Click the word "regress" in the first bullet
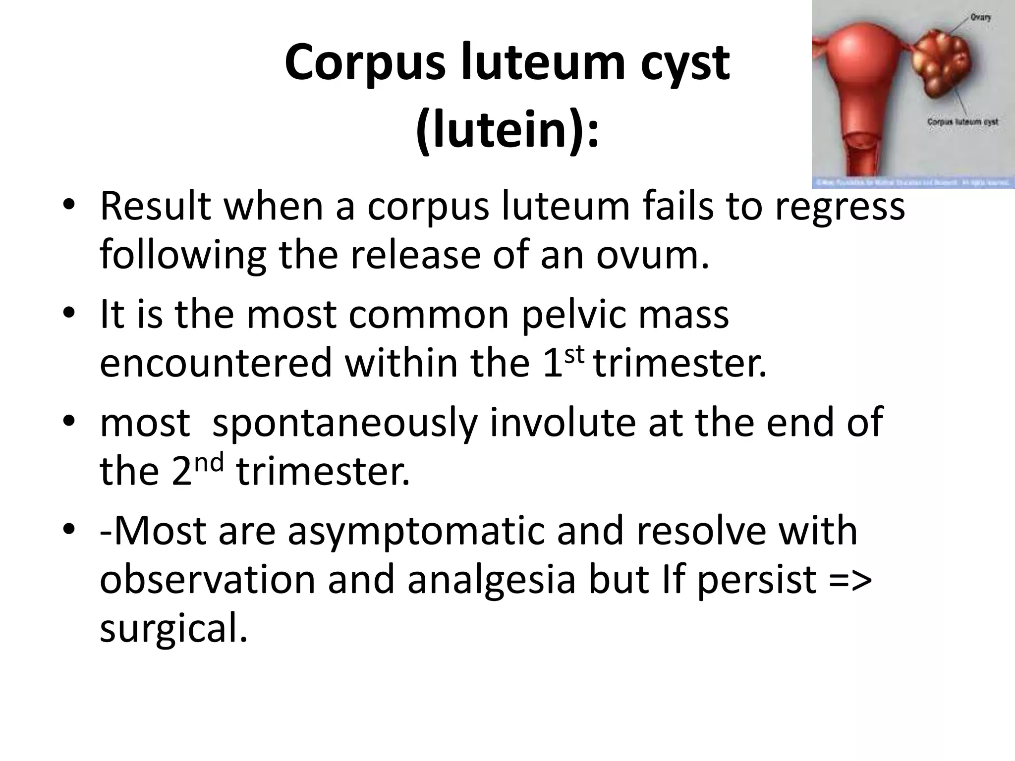(840, 207)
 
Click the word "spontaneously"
(344, 423)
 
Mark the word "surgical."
(173, 628)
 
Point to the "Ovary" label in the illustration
(981, 17)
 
